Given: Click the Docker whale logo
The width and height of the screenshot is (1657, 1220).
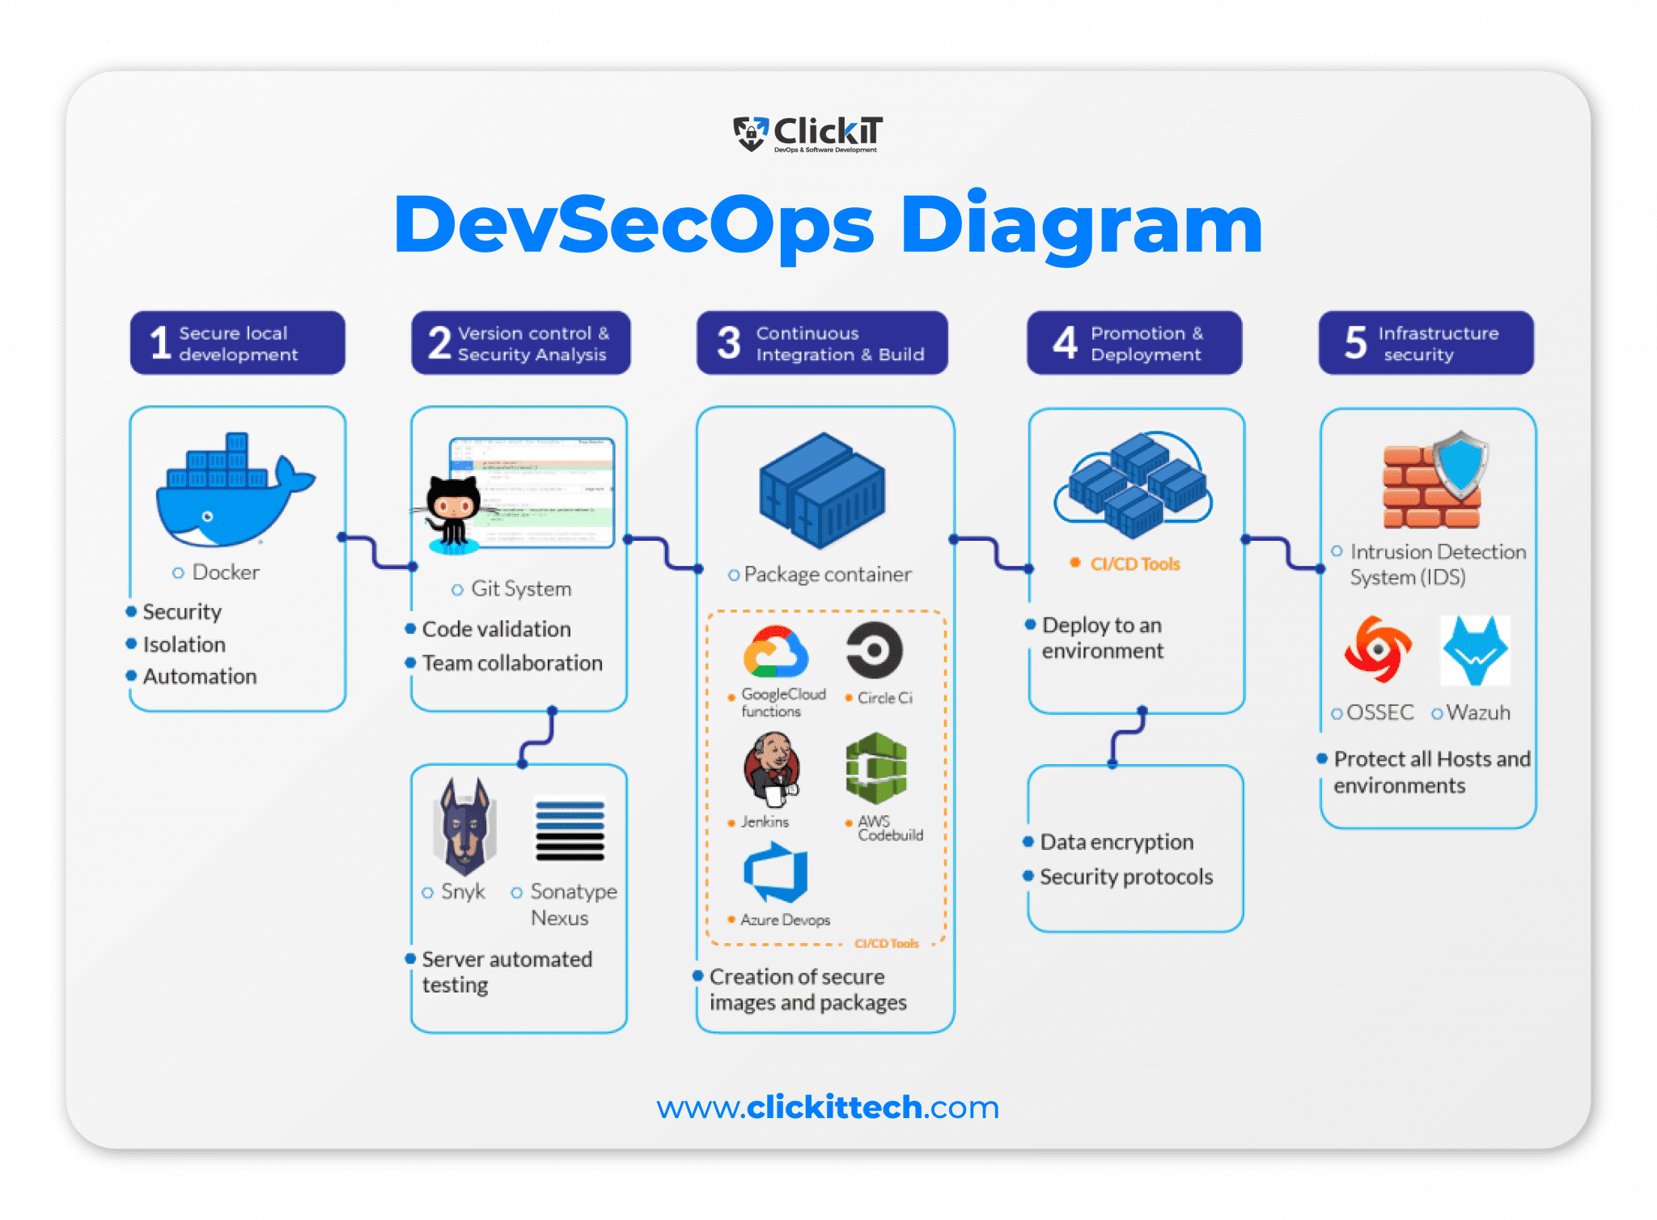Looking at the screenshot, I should tap(231, 494).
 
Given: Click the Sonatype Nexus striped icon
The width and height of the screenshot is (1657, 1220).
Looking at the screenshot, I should tap(570, 831).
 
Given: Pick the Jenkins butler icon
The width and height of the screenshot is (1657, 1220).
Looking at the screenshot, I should tap(771, 769).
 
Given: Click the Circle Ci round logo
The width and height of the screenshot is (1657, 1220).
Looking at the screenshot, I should tap(874, 650).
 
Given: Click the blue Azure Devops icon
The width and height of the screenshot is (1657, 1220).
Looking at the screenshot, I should tap(776, 873).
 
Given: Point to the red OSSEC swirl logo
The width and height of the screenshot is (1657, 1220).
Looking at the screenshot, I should tap(1378, 648).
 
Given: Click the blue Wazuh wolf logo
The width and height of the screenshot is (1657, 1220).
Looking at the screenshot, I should tap(1475, 650).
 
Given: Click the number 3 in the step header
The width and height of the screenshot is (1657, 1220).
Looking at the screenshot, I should tap(728, 343).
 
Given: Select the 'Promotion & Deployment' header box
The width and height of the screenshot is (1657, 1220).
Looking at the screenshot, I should tap(1134, 343).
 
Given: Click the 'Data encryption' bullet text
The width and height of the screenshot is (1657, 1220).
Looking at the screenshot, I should tap(1116, 842).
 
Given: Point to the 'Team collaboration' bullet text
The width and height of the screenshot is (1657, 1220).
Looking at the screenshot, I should tap(511, 663).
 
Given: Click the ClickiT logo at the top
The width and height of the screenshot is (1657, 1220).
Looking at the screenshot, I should tap(807, 134).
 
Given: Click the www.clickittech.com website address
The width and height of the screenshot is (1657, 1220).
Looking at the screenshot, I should tap(828, 1107).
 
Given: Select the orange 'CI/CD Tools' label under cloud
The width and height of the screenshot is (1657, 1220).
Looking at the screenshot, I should tap(1134, 564).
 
